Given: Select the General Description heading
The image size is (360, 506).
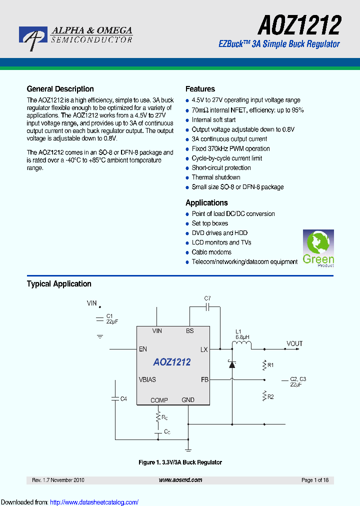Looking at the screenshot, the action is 60,89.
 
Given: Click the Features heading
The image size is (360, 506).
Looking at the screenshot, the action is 200,89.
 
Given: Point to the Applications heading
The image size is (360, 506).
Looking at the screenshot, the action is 206,202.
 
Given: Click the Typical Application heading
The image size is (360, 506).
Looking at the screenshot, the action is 59,284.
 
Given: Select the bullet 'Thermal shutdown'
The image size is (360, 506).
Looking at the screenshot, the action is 216,177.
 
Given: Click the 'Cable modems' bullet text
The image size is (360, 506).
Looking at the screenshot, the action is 211,252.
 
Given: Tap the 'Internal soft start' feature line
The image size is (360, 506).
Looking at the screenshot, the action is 213,120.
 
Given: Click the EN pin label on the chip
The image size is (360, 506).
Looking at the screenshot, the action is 143,349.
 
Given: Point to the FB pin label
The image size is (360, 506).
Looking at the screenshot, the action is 204,379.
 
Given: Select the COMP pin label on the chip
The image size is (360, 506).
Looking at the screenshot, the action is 159,400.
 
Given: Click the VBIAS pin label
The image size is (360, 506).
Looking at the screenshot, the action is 147,379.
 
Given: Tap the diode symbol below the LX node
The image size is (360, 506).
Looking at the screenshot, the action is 232,364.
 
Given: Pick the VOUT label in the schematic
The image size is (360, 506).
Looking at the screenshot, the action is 294,343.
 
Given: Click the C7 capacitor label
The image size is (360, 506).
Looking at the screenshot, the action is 207,298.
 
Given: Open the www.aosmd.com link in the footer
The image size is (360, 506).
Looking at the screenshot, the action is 180,480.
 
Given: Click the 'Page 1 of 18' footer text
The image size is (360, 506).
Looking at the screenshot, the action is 315,480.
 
